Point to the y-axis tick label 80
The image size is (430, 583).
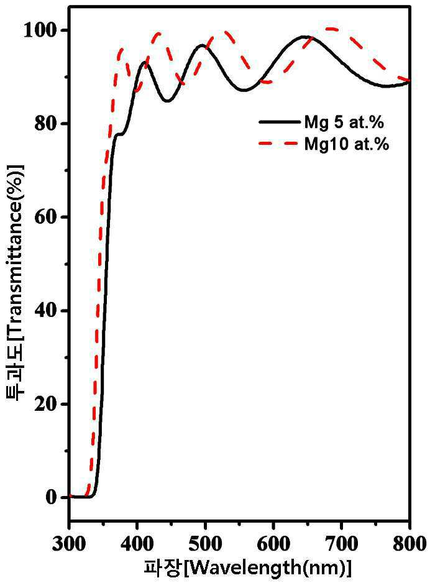coord(47,124)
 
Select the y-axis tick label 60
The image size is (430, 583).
coord(47,217)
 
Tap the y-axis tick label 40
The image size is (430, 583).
coord(47,311)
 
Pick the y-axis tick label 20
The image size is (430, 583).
coord(47,404)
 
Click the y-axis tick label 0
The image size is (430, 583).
coord(52,497)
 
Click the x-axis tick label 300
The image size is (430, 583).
coord(69,544)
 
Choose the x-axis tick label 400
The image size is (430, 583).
coord(137,544)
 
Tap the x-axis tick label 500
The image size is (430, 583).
coord(205,544)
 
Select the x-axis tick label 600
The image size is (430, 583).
coord(273,544)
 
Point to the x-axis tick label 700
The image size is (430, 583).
coord(341,544)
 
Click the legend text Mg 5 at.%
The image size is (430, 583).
coord(344,122)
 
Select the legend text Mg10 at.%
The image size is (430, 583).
coord(347,144)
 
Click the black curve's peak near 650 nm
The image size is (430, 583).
coord(306,37)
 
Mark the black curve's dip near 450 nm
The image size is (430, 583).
coord(167,101)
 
